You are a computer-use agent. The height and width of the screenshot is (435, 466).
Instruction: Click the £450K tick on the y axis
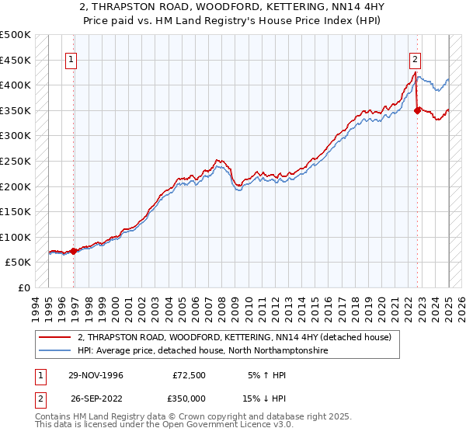click(x=16, y=60)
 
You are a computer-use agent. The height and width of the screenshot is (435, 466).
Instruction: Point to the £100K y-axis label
click(x=16, y=237)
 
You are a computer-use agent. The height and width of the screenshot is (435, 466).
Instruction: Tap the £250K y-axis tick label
click(x=16, y=161)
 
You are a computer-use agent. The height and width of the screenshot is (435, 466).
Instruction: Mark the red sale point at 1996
click(x=74, y=251)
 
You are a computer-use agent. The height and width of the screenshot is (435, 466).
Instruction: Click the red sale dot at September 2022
click(x=417, y=110)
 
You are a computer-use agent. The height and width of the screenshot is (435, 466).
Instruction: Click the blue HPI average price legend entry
click(x=202, y=351)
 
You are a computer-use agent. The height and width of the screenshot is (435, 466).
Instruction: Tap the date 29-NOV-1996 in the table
click(x=91, y=375)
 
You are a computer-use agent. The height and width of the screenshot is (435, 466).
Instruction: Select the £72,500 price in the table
click(x=189, y=375)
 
